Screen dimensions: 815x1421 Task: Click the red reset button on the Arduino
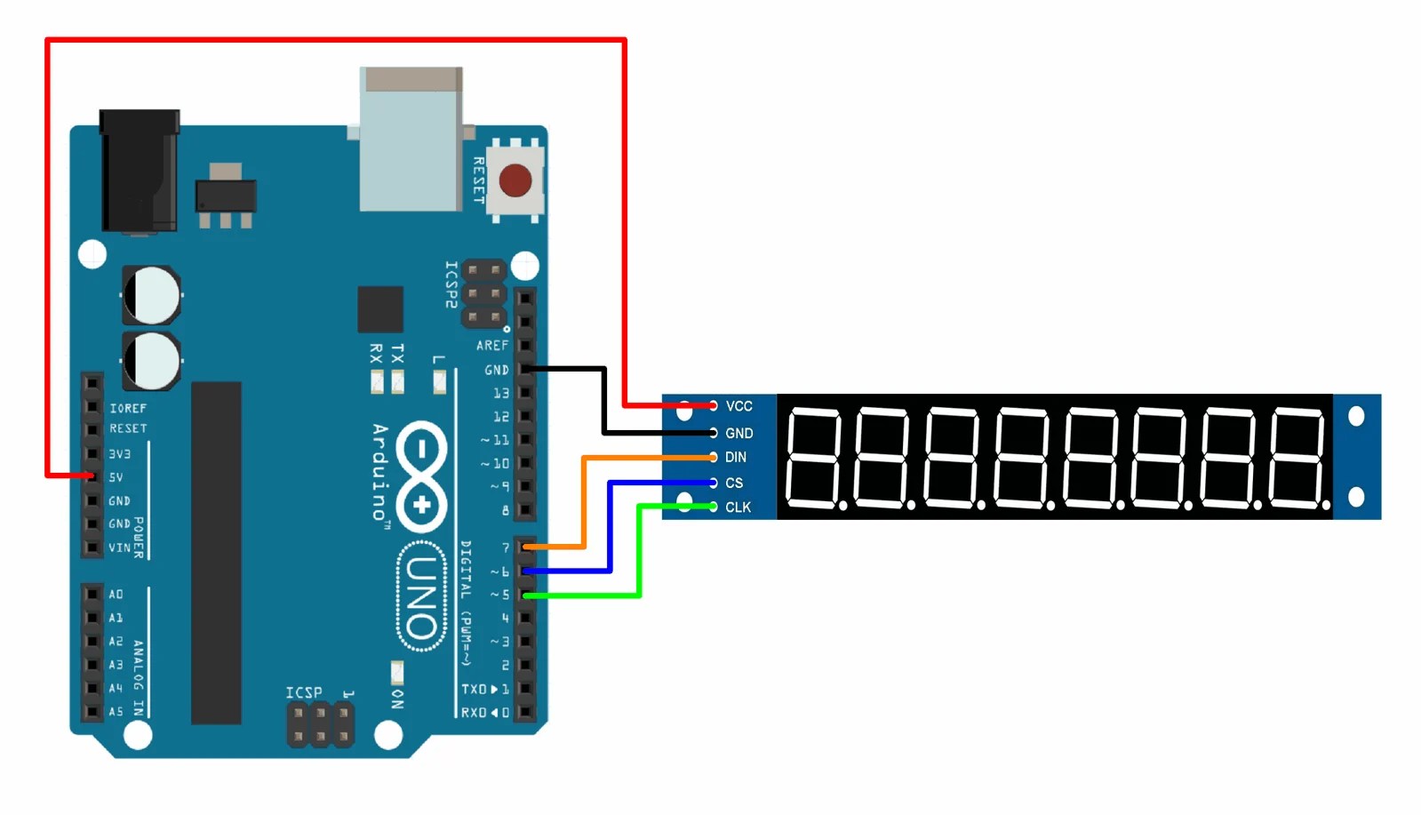pyautogui.click(x=515, y=180)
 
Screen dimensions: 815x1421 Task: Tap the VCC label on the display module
pyautogui.click(x=738, y=406)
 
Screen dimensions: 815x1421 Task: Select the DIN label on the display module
pyautogui.click(x=735, y=457)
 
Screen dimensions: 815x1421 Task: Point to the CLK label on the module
pyautogui.click(x=738, y=507)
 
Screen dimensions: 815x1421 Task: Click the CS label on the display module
pyautogui.click(x=733, y=483)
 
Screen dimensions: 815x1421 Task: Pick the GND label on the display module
pyautogui.click(x=738, y=433)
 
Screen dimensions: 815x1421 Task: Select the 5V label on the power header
pyautogui.click(x=116, y=477)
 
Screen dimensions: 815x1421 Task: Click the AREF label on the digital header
pyautogui.click(x=492, y=346)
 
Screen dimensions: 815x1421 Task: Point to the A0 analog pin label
pyautogui.click(x=116, y=594)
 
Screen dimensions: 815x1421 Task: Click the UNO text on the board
pyautogui.click(x=421, y=597)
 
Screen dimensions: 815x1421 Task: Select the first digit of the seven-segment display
pyautogui.click(x=813, y=457)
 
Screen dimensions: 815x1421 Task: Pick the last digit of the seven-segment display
pyautogui.click(x=1298, y=457)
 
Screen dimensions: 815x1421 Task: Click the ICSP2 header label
pyautogui.click(x=451, y=284)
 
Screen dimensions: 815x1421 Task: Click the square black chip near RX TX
pyautogui.click(x=380, y=309)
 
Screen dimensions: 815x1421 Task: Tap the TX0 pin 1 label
pyautogui.click(x=484, y=689)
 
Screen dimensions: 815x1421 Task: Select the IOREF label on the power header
pyautogui.click(x=128, y=408)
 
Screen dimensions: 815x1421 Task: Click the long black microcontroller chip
pyautogui.click(x=216, y=553)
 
